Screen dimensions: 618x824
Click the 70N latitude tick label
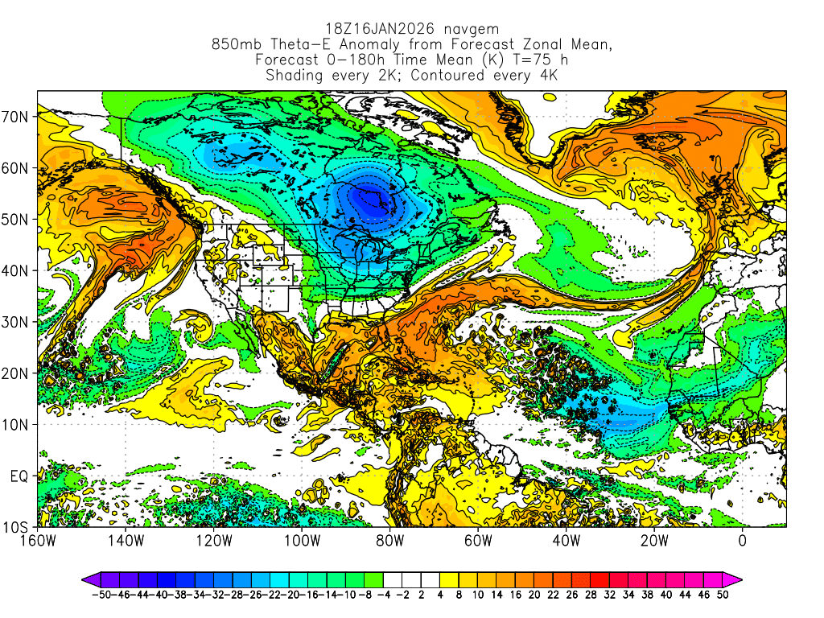pos(18,117)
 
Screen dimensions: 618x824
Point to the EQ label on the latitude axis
pos(19,476)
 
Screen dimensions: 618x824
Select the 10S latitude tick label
pos(18,528)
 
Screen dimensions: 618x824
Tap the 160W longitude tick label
pos(37,542)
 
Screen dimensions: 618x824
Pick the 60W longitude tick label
pos(478,542)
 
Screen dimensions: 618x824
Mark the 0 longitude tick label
pos(743,542)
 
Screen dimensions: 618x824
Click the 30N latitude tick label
pos(18,322)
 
